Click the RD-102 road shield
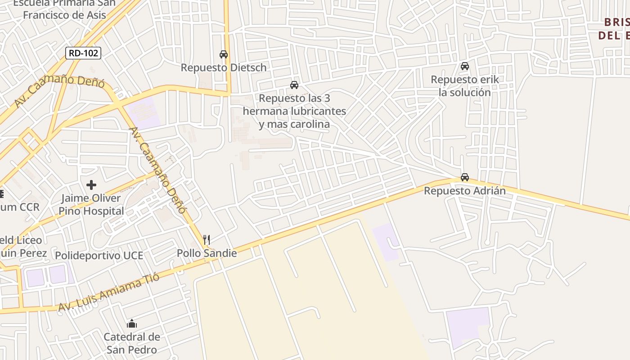point(83,53)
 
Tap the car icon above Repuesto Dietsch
point(223,54)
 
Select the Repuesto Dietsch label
point(224,67)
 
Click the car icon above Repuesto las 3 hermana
point(294,85)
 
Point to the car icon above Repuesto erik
point(465,66)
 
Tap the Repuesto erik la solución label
point(465,86)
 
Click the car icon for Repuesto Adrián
point(465,177)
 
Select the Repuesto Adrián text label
point(465,191)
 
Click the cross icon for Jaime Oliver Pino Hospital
point(91,185)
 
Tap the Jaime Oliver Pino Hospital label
point(91,204)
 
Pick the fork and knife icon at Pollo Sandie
point(207,239)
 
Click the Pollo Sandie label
point(207,253)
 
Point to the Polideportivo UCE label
point(99,256)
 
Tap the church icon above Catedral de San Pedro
point(132,324)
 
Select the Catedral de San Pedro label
point(132,343)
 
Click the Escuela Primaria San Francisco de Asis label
point(64,9)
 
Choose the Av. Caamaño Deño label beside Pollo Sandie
point(157,170)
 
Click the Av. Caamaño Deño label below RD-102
point(59,92)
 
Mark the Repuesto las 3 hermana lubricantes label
point(295,111)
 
